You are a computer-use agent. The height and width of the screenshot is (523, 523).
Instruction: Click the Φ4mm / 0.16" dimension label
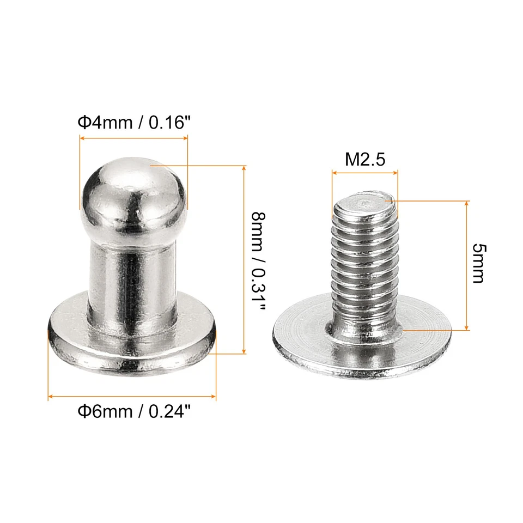pyautogui.click(x=134, y=122)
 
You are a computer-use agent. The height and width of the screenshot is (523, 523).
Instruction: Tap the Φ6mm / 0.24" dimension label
pyautogui.click(x=134, y=411)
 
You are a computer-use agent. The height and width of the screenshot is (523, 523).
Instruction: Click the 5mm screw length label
pyautogui.click(x=478, y=264)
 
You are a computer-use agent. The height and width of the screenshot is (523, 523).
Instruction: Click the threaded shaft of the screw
pyautogui.click(x=364, y=267)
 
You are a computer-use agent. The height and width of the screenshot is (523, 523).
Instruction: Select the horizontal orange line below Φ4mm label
pyautogui.click(x=133, y=139)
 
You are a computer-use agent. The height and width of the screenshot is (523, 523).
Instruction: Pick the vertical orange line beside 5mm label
pyautogui.click(x=467, y=265)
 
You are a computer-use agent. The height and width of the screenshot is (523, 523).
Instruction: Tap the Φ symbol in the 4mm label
pyautogui.click(x=84, y=122)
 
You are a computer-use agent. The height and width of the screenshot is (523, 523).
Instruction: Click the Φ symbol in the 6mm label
pyautogui.click(x=84, y=411)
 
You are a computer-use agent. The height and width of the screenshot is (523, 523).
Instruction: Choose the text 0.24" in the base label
pyautogui.click(x=168, y=411)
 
